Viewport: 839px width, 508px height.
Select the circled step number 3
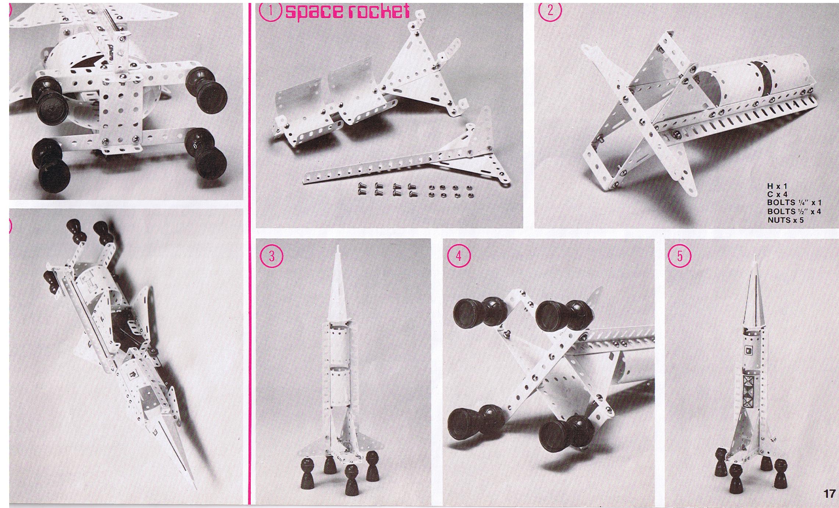coord(272,256)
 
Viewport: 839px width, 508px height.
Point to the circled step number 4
coord(458,256)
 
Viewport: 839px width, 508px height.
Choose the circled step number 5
coord(679,256)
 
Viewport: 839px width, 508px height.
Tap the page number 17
coord(829,494)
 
